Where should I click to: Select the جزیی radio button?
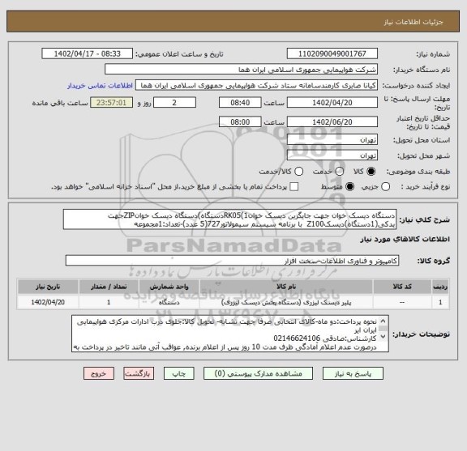[370, 187]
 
